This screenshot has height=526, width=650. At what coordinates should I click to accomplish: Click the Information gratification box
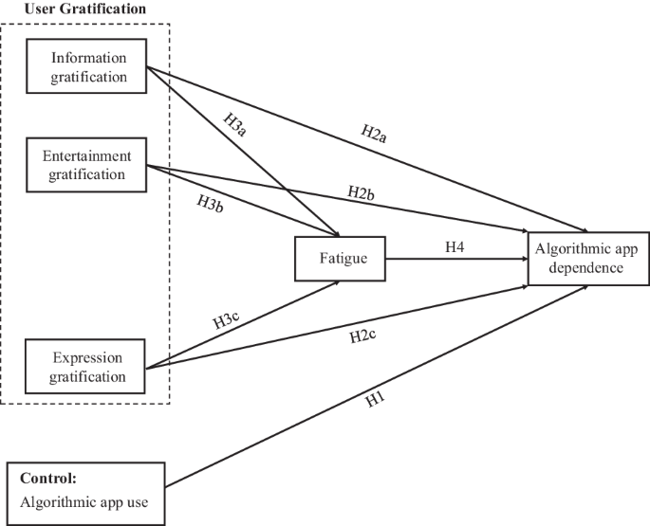[87, 67]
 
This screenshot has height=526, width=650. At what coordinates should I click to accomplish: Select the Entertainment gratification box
[87, 165]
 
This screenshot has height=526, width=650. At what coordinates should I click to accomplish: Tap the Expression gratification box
[87, 368]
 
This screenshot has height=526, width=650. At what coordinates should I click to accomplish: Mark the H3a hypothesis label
[236, 124]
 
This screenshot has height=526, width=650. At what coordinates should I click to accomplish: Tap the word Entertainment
[87, 155]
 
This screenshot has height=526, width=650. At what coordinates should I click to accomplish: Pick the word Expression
[87, 358]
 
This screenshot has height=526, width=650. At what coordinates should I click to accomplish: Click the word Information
[87, 58]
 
